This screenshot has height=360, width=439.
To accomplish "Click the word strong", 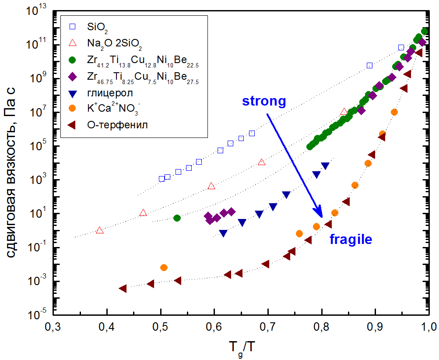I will tap(264, 101).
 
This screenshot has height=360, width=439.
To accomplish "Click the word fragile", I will tap(351, 239).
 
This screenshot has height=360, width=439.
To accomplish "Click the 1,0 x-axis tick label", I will tap(427, 327).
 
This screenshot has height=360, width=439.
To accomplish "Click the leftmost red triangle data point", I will tap(100, 230).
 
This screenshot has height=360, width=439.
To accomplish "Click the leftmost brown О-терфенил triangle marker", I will tap(123, 288).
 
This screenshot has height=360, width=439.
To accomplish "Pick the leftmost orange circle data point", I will tap(164, 267).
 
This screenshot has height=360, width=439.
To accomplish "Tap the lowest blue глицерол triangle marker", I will tap(223, 233).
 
